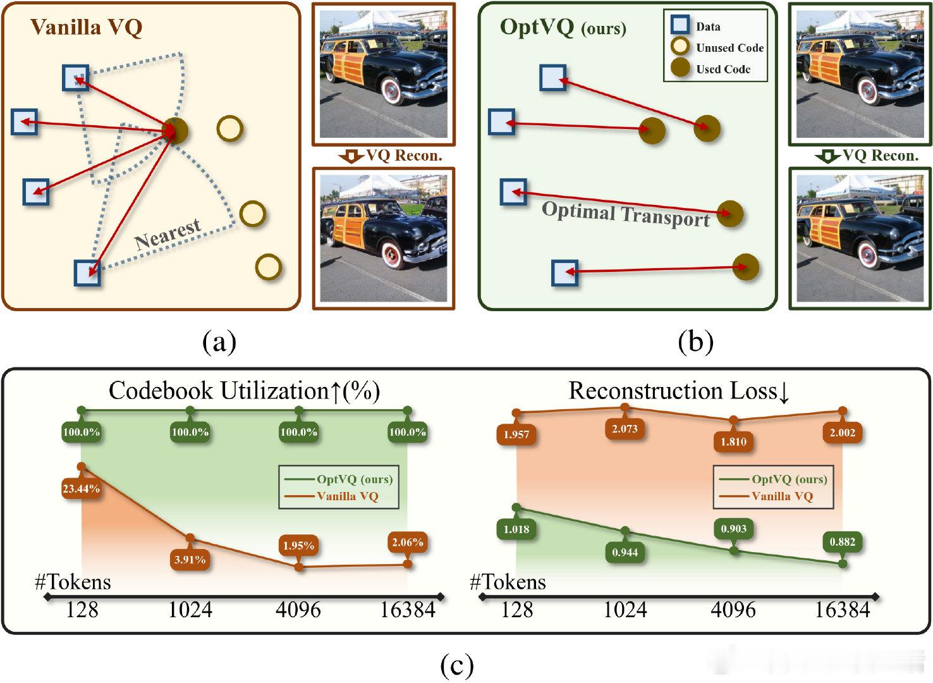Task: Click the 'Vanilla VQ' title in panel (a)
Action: pyautogui.click(x=87, y=27)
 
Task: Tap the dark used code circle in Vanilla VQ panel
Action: pyautogui.click(x=175, y=131)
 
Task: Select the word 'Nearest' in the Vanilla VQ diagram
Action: pyautogui.click(x=168, y=234)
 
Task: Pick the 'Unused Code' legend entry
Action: pyautogui.click(x=729, y=48)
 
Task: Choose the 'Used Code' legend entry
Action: pyautogui.click(x=723, y=69)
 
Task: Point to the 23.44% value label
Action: pyautogui.click(x=81, y=488)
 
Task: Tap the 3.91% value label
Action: pyautogui.click(x=190, y=559)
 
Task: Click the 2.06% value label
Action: pyautogui.click(x=407, y=542)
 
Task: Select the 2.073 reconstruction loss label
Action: pyautogui.click(x=625, y=428)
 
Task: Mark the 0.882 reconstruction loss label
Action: pyautogui.click(x=842, y=542)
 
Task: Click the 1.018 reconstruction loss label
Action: pyautogui.click(x=516, y=529)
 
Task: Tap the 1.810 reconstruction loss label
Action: pyautogui.click(x=733, y=441)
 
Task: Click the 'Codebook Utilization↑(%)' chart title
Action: pyautogui.click(x=245, y=391)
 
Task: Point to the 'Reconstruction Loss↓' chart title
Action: pyautogui.click(x=680, y=391)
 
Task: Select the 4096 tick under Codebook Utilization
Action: pyautogui.click(x=298, y=610)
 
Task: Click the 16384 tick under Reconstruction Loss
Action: pyautogui.click(x=842, y=610)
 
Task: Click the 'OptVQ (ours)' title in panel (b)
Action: pyautogui.click(x=563, y=27)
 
